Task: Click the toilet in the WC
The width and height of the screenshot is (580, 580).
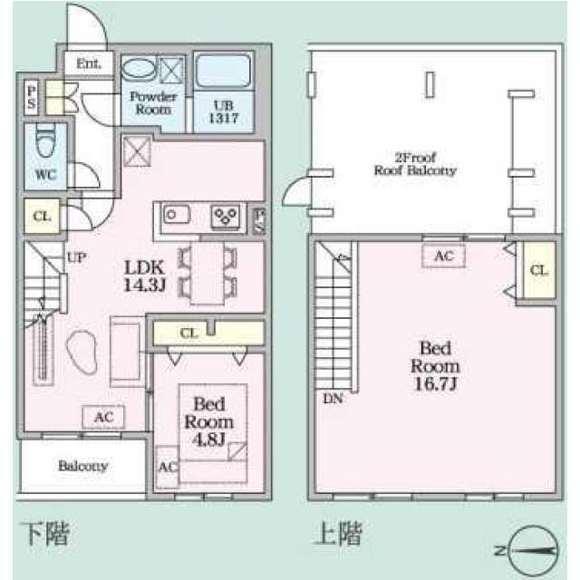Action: (45, 142)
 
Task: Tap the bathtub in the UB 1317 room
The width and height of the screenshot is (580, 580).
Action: (223, 71)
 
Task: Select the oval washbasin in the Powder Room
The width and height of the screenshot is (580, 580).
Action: (138, 68)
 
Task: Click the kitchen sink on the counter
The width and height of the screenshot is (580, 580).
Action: (177, 215)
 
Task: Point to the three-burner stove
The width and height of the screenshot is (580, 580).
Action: (226, 216)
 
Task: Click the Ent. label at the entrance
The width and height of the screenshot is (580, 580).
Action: (89, 63)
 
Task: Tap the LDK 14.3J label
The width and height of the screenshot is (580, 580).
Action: (145, 275)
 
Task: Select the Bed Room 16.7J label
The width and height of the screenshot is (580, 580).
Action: (435, 365)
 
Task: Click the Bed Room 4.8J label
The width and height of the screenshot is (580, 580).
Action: (209, 421)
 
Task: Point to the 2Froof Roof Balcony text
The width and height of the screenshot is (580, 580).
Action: (415, 164)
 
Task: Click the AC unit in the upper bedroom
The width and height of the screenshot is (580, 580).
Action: (443, 256)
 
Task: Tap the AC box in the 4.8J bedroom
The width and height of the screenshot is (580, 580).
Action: (168, 467)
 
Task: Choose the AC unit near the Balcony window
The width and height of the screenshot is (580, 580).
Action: (103, 417)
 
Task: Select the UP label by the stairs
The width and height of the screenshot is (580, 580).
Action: (76, 257)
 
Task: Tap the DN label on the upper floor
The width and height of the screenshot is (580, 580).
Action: (333, 399)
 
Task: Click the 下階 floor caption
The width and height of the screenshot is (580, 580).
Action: (45, 534)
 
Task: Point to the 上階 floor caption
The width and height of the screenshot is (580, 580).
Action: (338, 533)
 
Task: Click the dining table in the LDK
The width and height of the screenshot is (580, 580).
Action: (208, 273)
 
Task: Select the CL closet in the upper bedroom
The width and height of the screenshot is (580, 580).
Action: (539, 270)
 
